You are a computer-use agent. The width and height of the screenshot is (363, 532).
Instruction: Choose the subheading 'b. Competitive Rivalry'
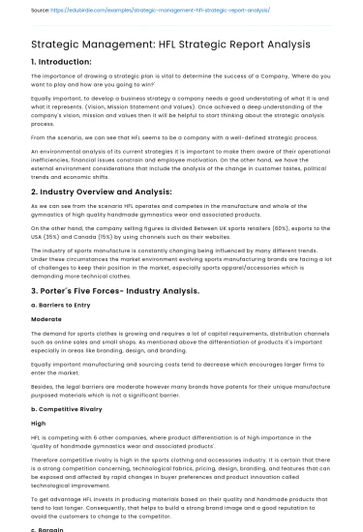tap(68, 396)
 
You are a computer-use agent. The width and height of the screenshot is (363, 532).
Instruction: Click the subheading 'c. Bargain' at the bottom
tap(51, 527)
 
